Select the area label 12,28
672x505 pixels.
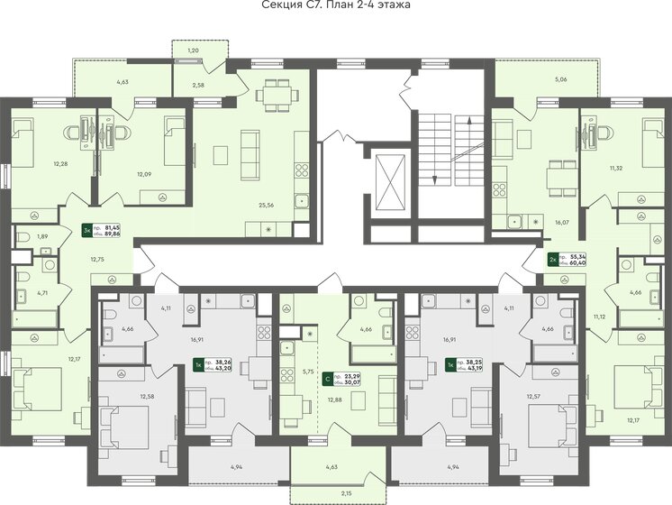click(60, 163)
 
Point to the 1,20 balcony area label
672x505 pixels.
click(193, 50)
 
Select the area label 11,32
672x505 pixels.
click(616, 168)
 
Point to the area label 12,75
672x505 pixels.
click(97, 259)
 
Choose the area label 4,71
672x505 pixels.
click(41, 293)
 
